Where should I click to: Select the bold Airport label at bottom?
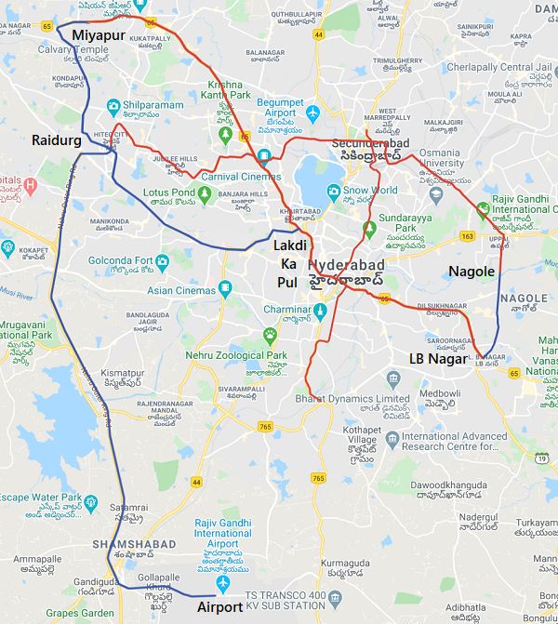point(219,607)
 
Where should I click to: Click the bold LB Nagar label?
point(436,358)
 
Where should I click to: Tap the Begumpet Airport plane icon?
point(312,113)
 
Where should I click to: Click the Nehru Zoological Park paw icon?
point(270,334)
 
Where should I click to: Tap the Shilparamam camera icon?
point(113,105)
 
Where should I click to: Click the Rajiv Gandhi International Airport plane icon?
point(222,583)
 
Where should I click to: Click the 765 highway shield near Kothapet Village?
point(319,478)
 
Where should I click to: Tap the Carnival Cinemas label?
point(241,176)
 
